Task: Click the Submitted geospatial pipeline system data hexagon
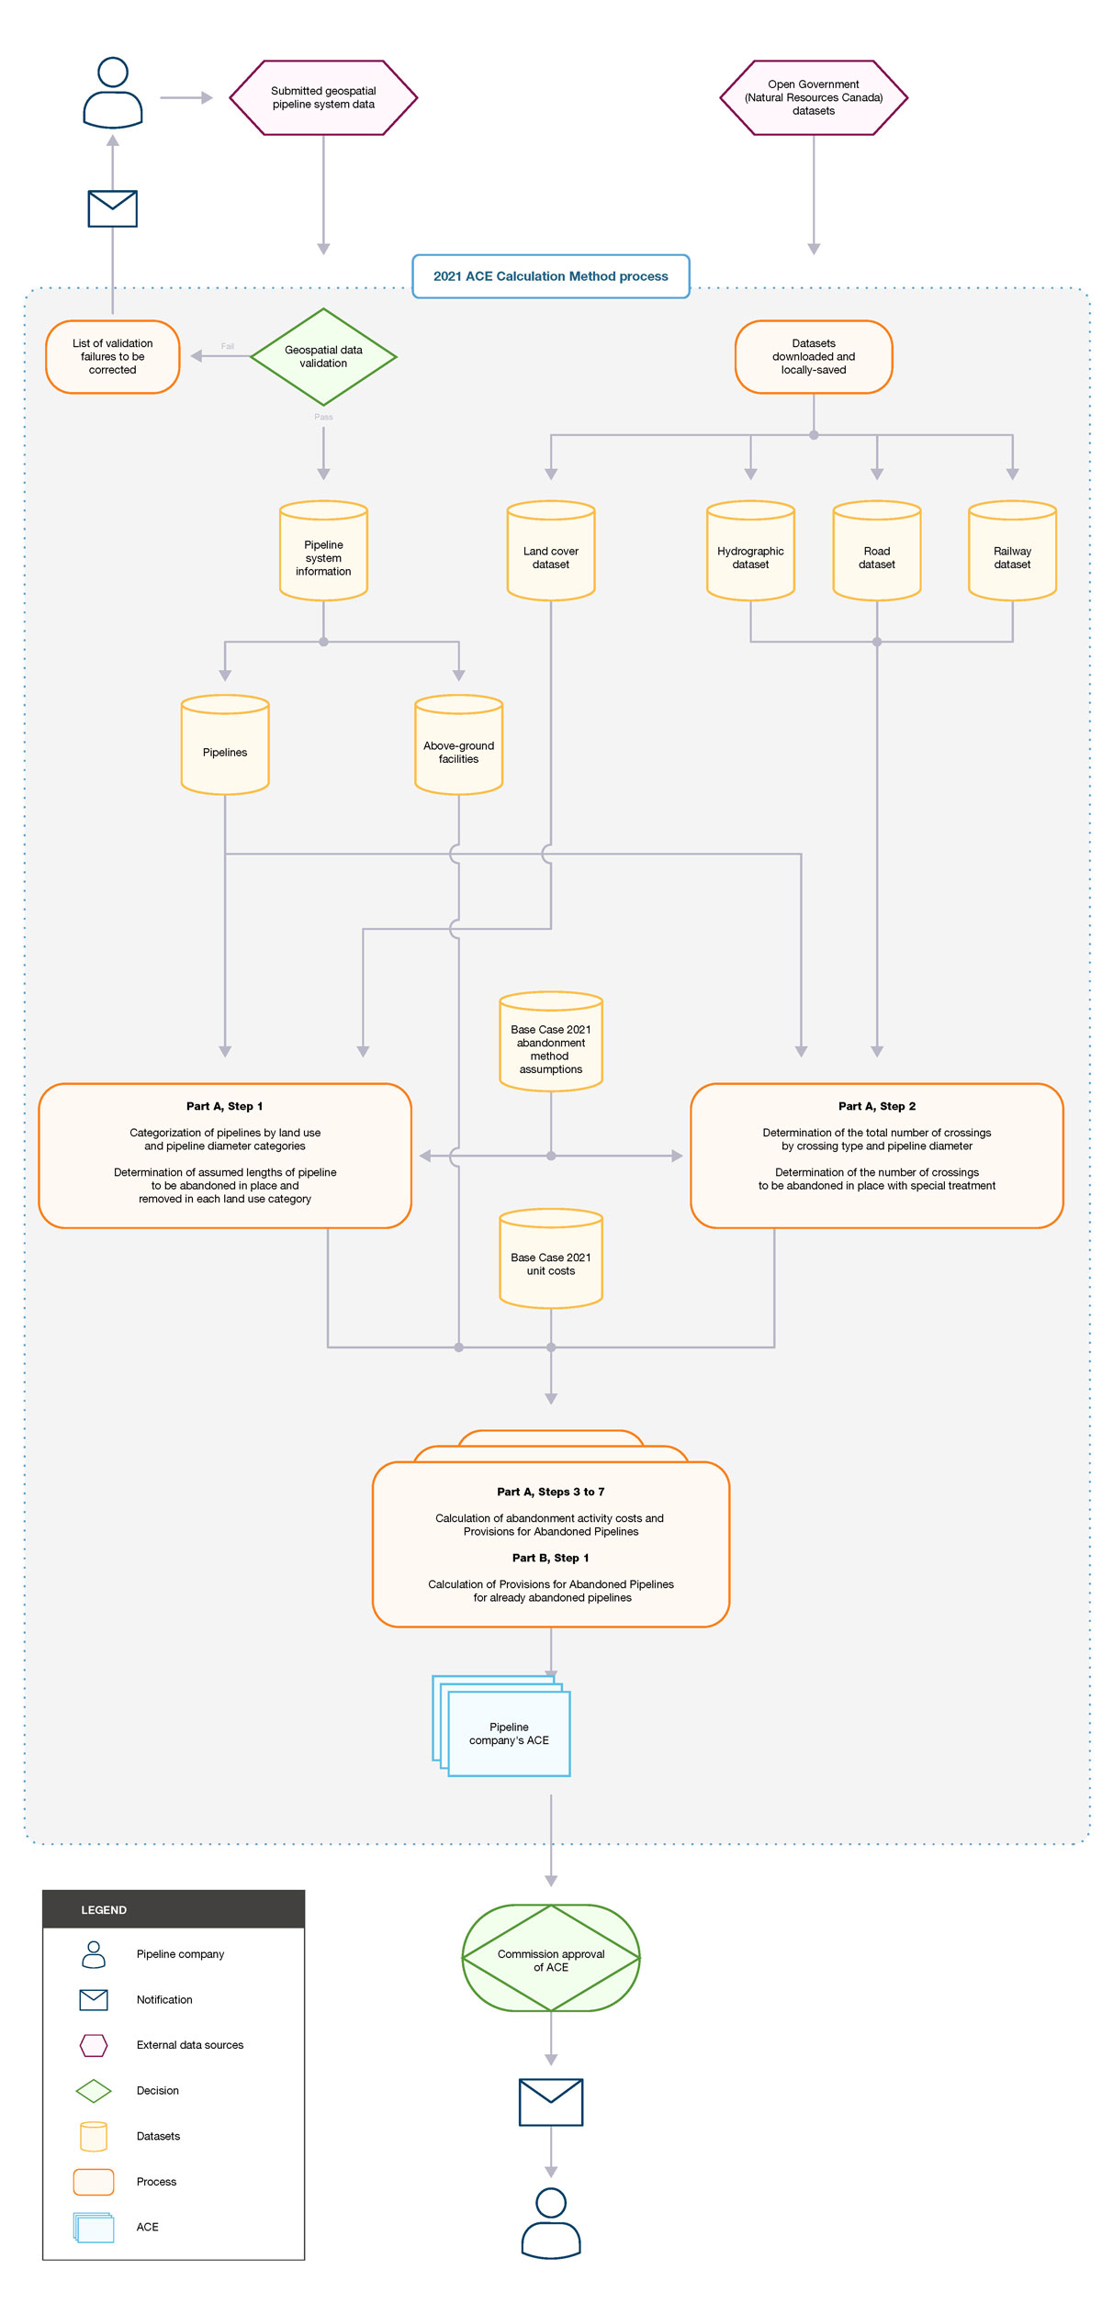coord(323,97)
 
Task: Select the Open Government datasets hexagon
coord(813,97)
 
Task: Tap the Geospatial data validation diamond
coord(323,356)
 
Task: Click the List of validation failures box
coord(112,356)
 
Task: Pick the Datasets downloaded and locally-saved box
coord(813,356)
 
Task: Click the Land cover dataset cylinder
coord(550,552)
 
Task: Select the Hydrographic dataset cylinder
coord(750,552)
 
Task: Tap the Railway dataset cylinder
coord(1012,552)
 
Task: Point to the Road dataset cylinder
coord(876,552)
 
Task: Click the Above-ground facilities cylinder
coord(458,746)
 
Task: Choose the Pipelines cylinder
coord(225,746)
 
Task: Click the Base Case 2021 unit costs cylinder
coord(550,1260)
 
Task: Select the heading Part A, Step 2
coord(876,1106)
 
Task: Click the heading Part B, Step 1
coord(550,1558)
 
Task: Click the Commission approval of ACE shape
coord(550,1960)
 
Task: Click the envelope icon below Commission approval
coord(550,2102)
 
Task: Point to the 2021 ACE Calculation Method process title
coord(550,276)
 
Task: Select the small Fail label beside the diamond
coord(227,346)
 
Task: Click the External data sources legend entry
coord(189,2045)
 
